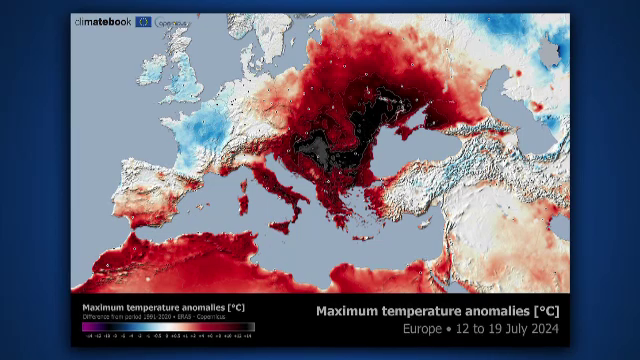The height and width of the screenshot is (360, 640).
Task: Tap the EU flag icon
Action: click(x=144, y=22)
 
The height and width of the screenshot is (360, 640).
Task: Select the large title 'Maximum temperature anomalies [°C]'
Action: click(x=437, y=311)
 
